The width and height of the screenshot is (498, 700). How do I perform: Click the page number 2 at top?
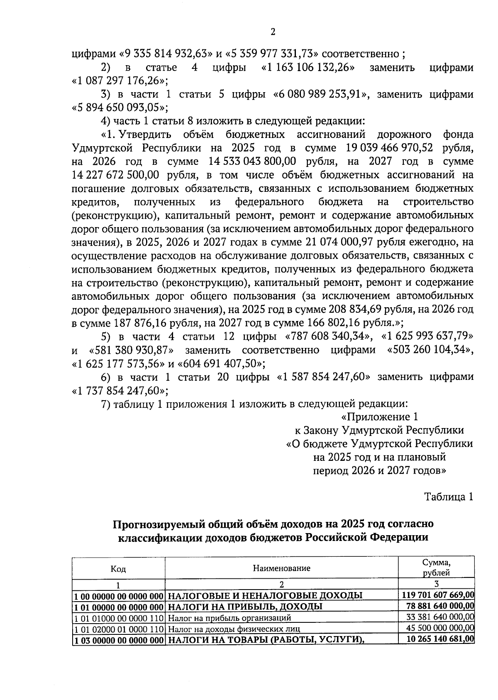point(273,32)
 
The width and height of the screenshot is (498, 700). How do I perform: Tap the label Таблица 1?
point(448,497)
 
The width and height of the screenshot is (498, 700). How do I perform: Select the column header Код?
point(118,569)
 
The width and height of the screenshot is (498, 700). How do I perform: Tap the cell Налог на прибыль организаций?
point(229,618)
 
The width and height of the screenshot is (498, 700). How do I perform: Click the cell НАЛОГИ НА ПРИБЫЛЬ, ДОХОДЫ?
point(245,607)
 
